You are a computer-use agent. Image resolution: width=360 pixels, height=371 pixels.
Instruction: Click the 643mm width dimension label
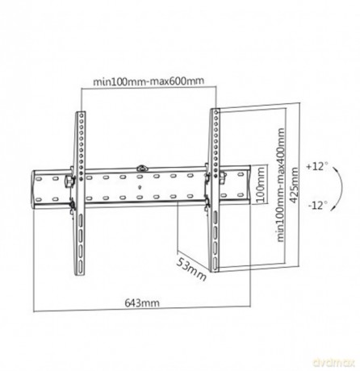click(x=142, y=303)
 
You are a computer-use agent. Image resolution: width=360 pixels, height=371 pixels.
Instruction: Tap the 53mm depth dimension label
click(x=191, y=269)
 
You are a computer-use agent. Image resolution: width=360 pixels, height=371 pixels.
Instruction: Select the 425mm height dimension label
click(x=295, y=185)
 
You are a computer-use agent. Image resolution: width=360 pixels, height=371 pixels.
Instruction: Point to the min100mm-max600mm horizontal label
click(x=149, y=81)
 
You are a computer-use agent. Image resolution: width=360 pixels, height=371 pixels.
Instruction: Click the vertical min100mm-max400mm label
click(x=280, y=185)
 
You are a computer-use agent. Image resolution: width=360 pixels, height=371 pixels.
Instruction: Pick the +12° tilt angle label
click(x=317, y=166)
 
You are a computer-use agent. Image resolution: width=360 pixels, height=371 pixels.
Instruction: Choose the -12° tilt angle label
click(x=318, y=206)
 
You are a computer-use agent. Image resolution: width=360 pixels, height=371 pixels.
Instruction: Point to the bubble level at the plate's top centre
click(x=141, y=169)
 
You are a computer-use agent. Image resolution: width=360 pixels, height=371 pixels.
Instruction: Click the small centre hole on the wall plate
click(x=140, y=187)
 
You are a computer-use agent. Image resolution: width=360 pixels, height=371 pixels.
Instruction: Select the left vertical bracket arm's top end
click(x=80, y=112)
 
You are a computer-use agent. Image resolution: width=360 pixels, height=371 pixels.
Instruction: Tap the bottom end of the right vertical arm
click(x=215, y=271)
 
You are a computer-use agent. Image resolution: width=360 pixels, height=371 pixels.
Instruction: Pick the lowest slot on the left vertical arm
click(x=80, y=267)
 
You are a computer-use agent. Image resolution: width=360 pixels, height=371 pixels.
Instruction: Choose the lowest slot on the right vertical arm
click(x=215, y=263)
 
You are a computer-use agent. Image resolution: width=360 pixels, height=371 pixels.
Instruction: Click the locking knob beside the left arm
click(x=69, y=181)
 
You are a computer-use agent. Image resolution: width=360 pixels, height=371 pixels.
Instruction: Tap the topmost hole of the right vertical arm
click(x=216, y=111)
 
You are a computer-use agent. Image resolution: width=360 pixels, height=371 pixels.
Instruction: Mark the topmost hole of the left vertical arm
click(x=81, y=115)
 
